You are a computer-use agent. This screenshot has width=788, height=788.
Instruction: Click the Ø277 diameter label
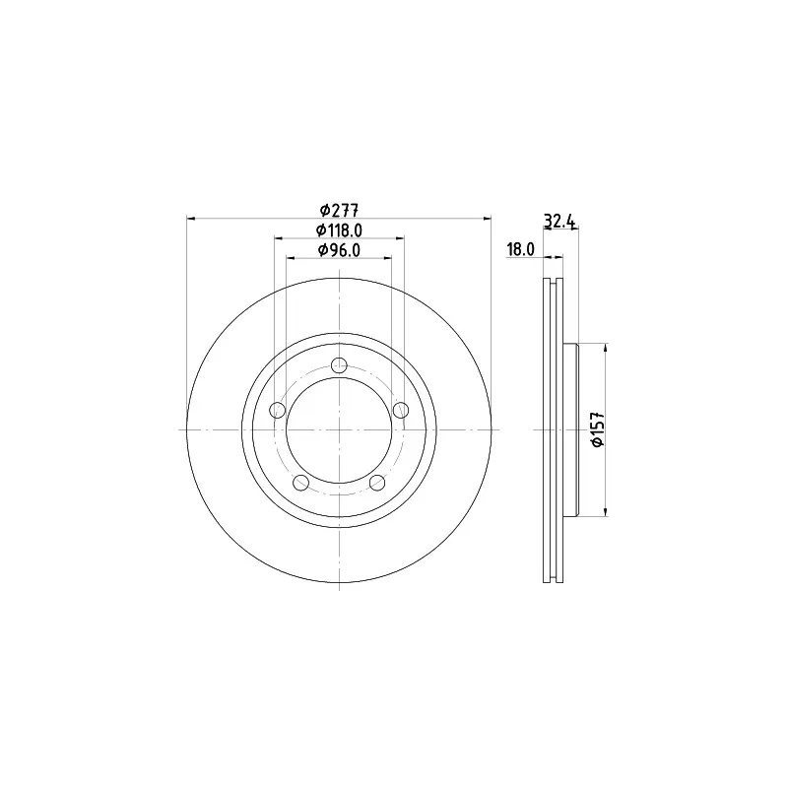339,210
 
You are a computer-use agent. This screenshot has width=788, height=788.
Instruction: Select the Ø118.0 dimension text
339,230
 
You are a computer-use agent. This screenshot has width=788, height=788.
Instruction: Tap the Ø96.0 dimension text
339,250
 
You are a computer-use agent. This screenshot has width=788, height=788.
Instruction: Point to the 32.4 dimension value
559,221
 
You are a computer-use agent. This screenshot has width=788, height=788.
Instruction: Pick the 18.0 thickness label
520,250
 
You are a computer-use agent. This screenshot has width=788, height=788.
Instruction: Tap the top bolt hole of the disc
340,365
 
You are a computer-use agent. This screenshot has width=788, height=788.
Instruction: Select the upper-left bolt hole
278,410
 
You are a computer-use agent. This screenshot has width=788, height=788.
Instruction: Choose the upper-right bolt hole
401,410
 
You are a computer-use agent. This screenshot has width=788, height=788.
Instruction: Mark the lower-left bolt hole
300,483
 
